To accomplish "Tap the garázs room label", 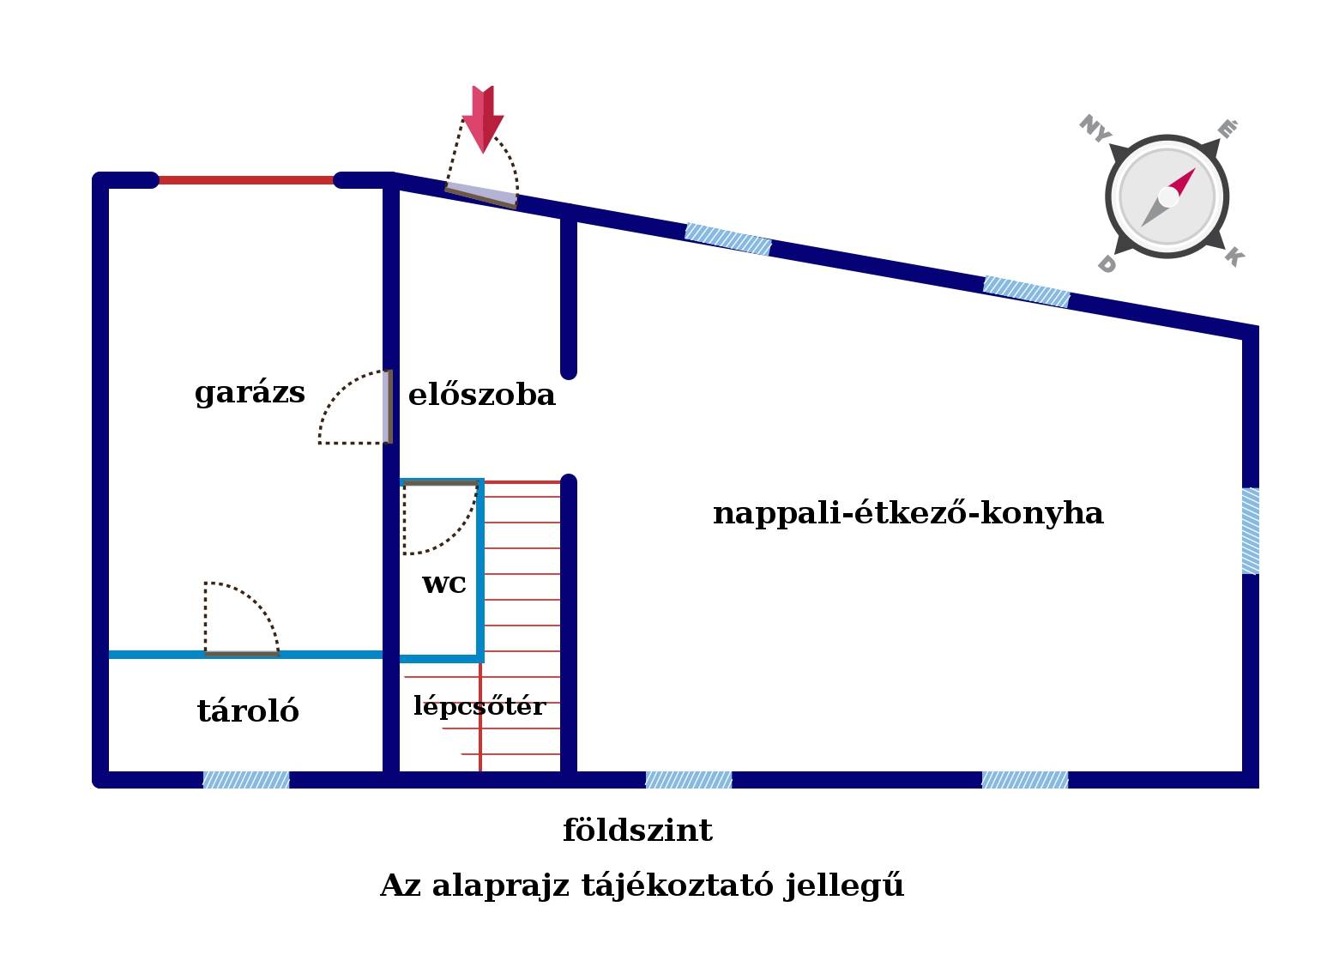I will coord(250,393).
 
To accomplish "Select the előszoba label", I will coord(481,396).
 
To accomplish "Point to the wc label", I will coord(444,583).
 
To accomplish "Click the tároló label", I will coord(248,711).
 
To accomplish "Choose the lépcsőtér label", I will coord(480,706).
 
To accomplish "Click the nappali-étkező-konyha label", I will coord(908,513).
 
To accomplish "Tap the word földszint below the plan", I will coord(637,831).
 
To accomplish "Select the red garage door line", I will coord(246,180).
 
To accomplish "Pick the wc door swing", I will coord(439,518).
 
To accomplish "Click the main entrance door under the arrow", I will coord(481,195).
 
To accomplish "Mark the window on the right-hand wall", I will coord(1251,530).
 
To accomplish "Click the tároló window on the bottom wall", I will coord(246,780).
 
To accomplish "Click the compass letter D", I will coord(1107,265).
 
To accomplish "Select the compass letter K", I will coord(1234,256).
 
